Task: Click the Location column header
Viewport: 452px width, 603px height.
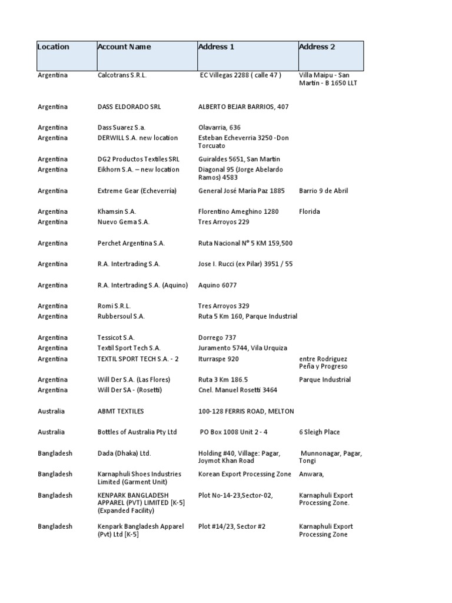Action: [x=53, y=47]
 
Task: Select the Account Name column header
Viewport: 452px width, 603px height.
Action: [x=124, y=47]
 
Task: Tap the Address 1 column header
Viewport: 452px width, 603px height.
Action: [x=216, y=47]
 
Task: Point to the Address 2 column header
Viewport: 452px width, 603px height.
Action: [x=317, y=47]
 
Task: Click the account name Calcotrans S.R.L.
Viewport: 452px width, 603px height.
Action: [x=122, y=75]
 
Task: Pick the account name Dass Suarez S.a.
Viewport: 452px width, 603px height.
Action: [x=121, y=128]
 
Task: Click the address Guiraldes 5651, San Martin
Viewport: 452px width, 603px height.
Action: [x=239, y=160]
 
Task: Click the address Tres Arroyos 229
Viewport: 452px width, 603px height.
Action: [x=224, y=222]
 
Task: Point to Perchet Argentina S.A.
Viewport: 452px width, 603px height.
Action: [x=131, y=243]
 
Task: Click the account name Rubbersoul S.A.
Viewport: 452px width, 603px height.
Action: [x=121, y=317]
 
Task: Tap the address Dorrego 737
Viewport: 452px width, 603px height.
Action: [x=217, y=338]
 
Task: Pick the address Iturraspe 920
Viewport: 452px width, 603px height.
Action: [x=218, y=359]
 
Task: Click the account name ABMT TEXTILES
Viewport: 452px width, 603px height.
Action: [x=121, y=411]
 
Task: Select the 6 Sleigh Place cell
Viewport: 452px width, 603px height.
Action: [x=319, y=432]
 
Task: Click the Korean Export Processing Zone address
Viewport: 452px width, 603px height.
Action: [x=245, y=474]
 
